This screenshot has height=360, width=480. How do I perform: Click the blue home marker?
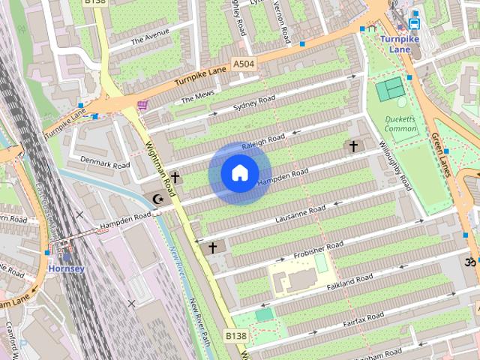(x=239, y=173)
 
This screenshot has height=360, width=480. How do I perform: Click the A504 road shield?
(x=244, y=64)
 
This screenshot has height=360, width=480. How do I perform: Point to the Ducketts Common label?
(x=400, y=124)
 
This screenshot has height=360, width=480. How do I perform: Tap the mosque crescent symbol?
(x=158, y=199)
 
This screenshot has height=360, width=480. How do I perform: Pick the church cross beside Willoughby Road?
(x=353, y=146)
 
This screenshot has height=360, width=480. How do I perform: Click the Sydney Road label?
(x=254, y=103)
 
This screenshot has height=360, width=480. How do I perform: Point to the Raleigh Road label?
(x=264, y=141)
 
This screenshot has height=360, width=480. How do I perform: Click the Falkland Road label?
(x=349, y=280)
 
